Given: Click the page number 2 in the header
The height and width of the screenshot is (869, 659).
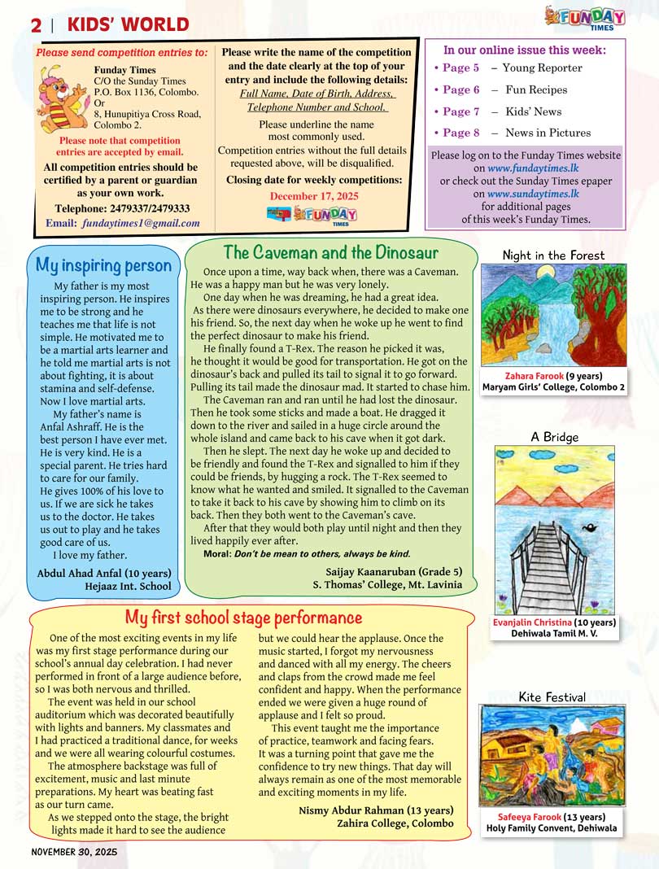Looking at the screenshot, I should [x=36, y=25].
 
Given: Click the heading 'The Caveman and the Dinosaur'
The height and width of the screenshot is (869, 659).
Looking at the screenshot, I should [x=330, y=252].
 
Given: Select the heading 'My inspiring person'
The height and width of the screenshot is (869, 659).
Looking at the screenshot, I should [x=103, y=265].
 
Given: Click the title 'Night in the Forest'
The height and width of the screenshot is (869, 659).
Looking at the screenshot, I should [x=553, y=255].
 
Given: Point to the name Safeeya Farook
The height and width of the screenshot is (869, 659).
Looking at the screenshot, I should [x=531, y=817].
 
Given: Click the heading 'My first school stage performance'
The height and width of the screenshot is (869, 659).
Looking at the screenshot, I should [x=243, y=618].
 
